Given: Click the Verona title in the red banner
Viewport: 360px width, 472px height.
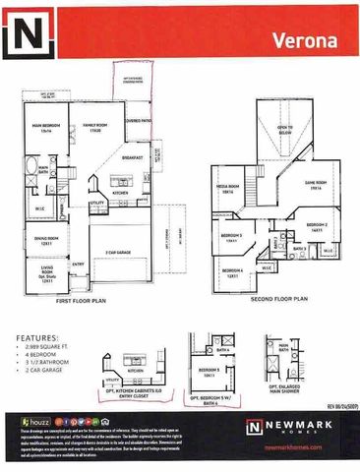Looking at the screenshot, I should [316, 41].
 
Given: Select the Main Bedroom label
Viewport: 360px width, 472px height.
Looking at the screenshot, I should [42, 128].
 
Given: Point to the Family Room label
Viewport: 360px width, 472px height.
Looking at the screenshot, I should [95, 127].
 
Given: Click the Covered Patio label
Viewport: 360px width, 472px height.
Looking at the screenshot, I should [137, 121].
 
